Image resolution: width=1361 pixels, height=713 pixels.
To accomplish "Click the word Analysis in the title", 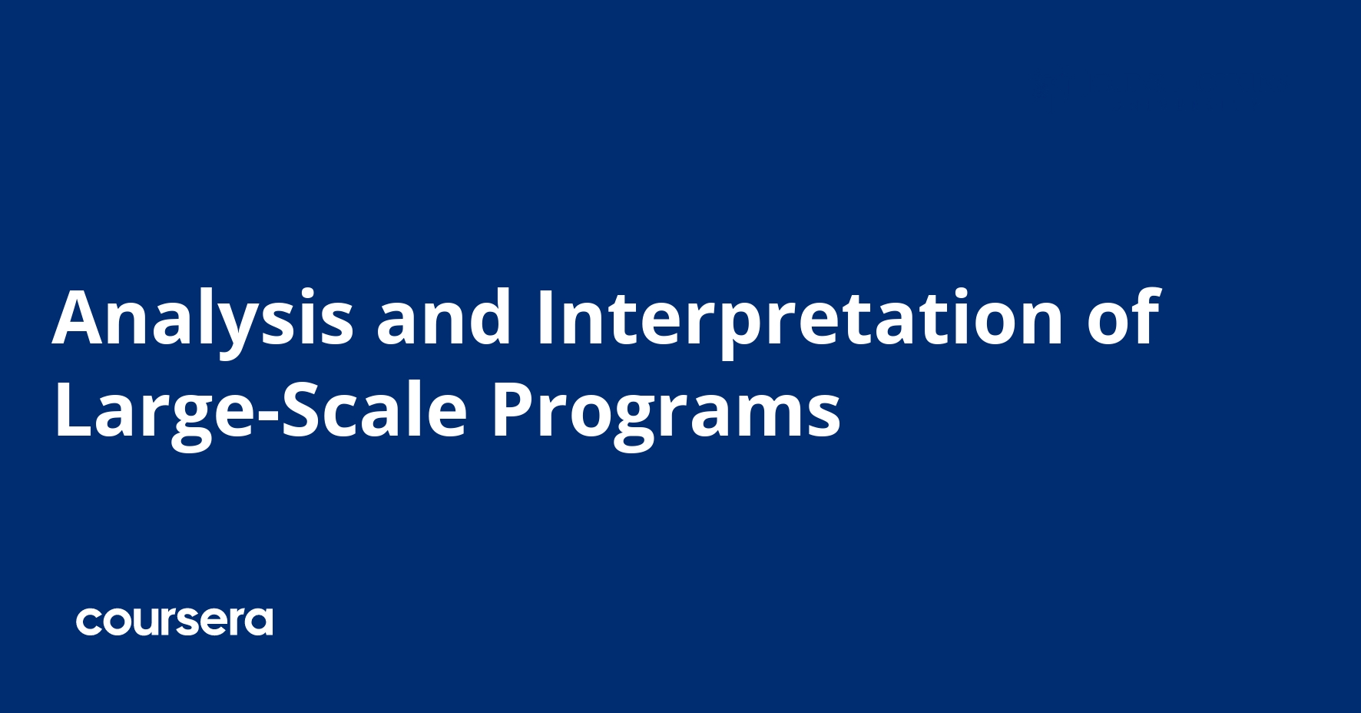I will coord(203,317).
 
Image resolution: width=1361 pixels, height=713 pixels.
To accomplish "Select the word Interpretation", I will coord(799,317).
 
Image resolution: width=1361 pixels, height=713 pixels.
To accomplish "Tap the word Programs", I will coord(665,411).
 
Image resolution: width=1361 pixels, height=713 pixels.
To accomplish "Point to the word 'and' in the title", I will coord(443,317).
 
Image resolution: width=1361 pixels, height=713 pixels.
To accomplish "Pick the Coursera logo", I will coord(174,622).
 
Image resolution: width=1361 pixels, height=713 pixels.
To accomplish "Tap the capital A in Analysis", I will coord(80,317).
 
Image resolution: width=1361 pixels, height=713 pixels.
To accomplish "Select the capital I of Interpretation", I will coord(544,317).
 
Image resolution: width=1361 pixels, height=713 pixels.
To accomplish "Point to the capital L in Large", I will coord(72,411).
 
